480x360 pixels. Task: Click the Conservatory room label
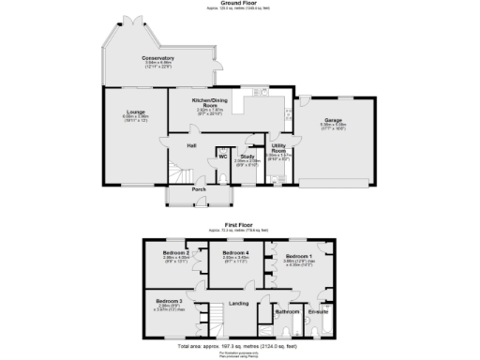(157, 58)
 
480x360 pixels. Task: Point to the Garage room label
(333, 120)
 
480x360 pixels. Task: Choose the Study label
(247, 157)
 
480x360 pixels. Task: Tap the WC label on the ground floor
(223, 157)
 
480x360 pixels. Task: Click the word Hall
(190, 145)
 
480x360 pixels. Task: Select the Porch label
(199, 189)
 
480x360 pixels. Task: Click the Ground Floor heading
(240, 4)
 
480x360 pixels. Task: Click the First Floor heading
(240, 225)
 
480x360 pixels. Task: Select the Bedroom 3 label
(170, 301)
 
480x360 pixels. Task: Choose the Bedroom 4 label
(235, 253)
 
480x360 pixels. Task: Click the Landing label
(238, 302)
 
